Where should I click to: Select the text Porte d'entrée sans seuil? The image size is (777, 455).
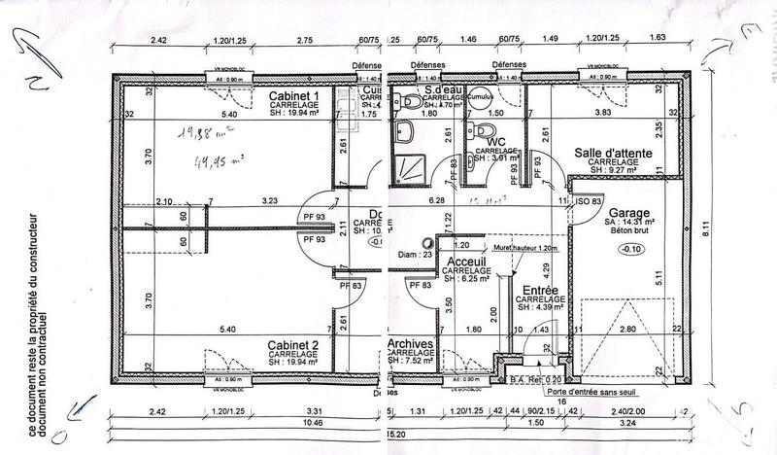[564, 392]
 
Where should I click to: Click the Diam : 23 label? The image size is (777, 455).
[414, 255]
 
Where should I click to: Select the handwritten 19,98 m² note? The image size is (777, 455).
[199, 136]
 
